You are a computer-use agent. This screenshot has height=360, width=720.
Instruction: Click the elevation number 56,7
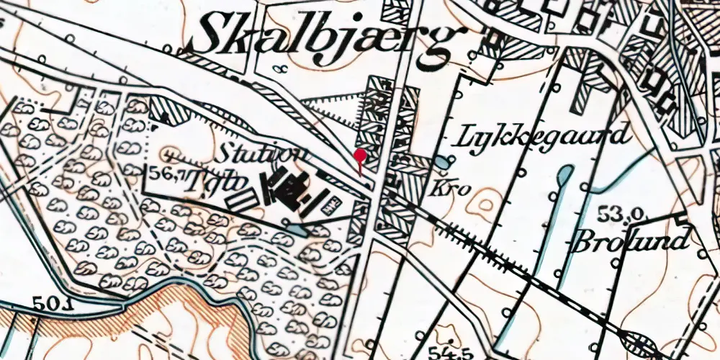coord(166,173)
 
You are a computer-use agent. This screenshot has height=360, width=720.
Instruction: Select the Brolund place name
coord(629,240)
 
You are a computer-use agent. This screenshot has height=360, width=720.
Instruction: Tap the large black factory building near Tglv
coord(289,191)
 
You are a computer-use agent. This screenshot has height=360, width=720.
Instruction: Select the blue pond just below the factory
coord(296,230)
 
